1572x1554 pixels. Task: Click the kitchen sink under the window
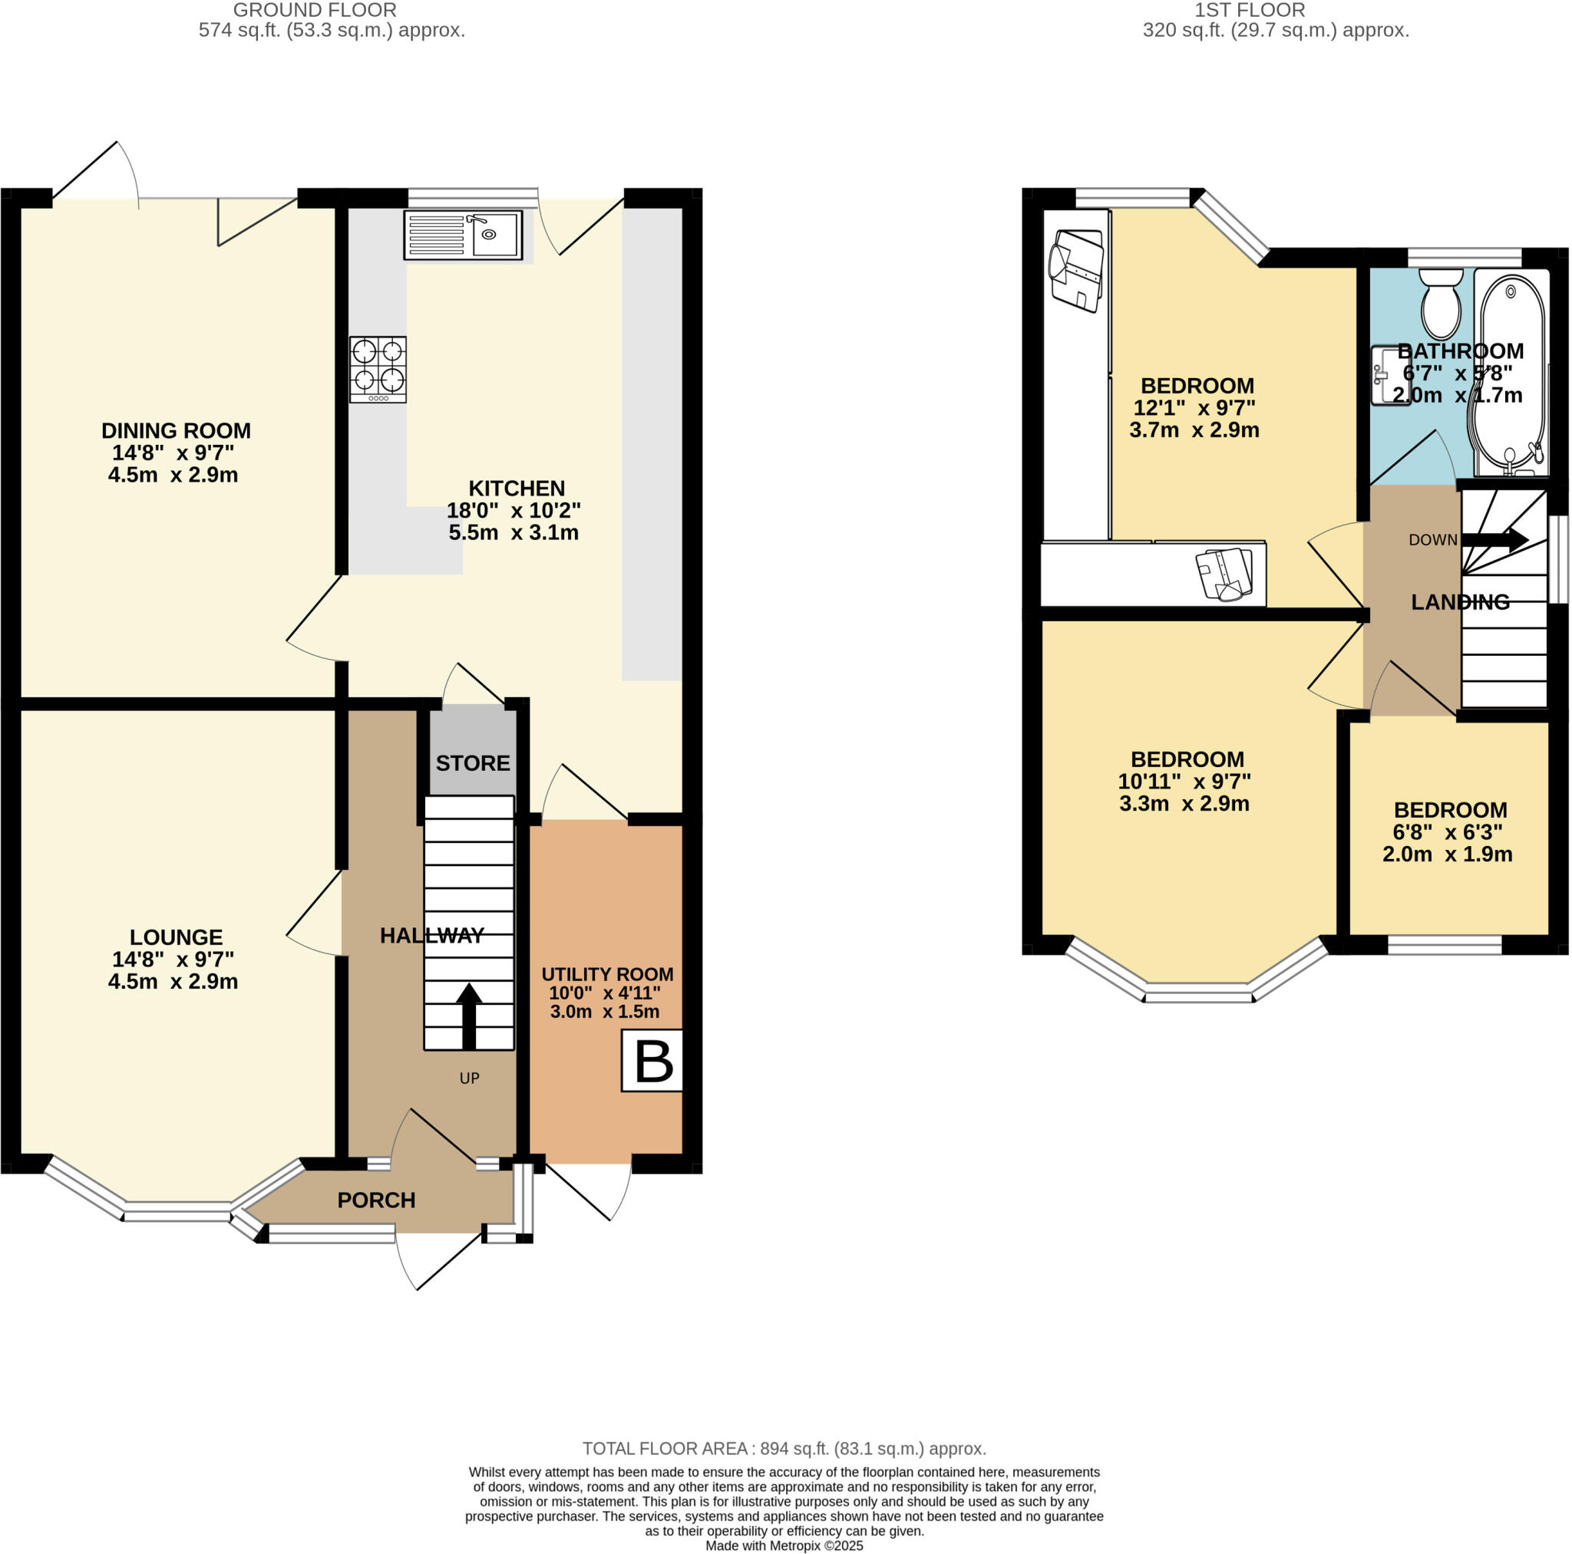click(x=462, y=235)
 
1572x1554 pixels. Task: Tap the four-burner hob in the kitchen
click(x=378, y=369)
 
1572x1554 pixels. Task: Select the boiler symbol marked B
click(x=652, y=1060)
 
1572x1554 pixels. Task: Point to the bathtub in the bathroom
click(x=1510, y=374)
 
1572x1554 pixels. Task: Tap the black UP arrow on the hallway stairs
click(x=468, y=1015)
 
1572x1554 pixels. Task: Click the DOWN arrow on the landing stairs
click(x=1494, y=540)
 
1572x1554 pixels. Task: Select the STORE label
click(x=473, y=762)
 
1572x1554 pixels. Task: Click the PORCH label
click(x=376, y=1200)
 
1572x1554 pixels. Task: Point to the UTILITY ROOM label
click(x=607, y=973)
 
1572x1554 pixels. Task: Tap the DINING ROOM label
click(x=176, y=430)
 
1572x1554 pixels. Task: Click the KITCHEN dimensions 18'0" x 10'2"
click(x=514, y=511)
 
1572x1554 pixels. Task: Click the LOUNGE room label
click(x=176, y=937)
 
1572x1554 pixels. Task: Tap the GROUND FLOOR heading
click(x=315, y=10)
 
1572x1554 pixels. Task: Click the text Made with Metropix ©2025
click(x=784, y=1546)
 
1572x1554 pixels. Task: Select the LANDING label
click(x=1460, y=602)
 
